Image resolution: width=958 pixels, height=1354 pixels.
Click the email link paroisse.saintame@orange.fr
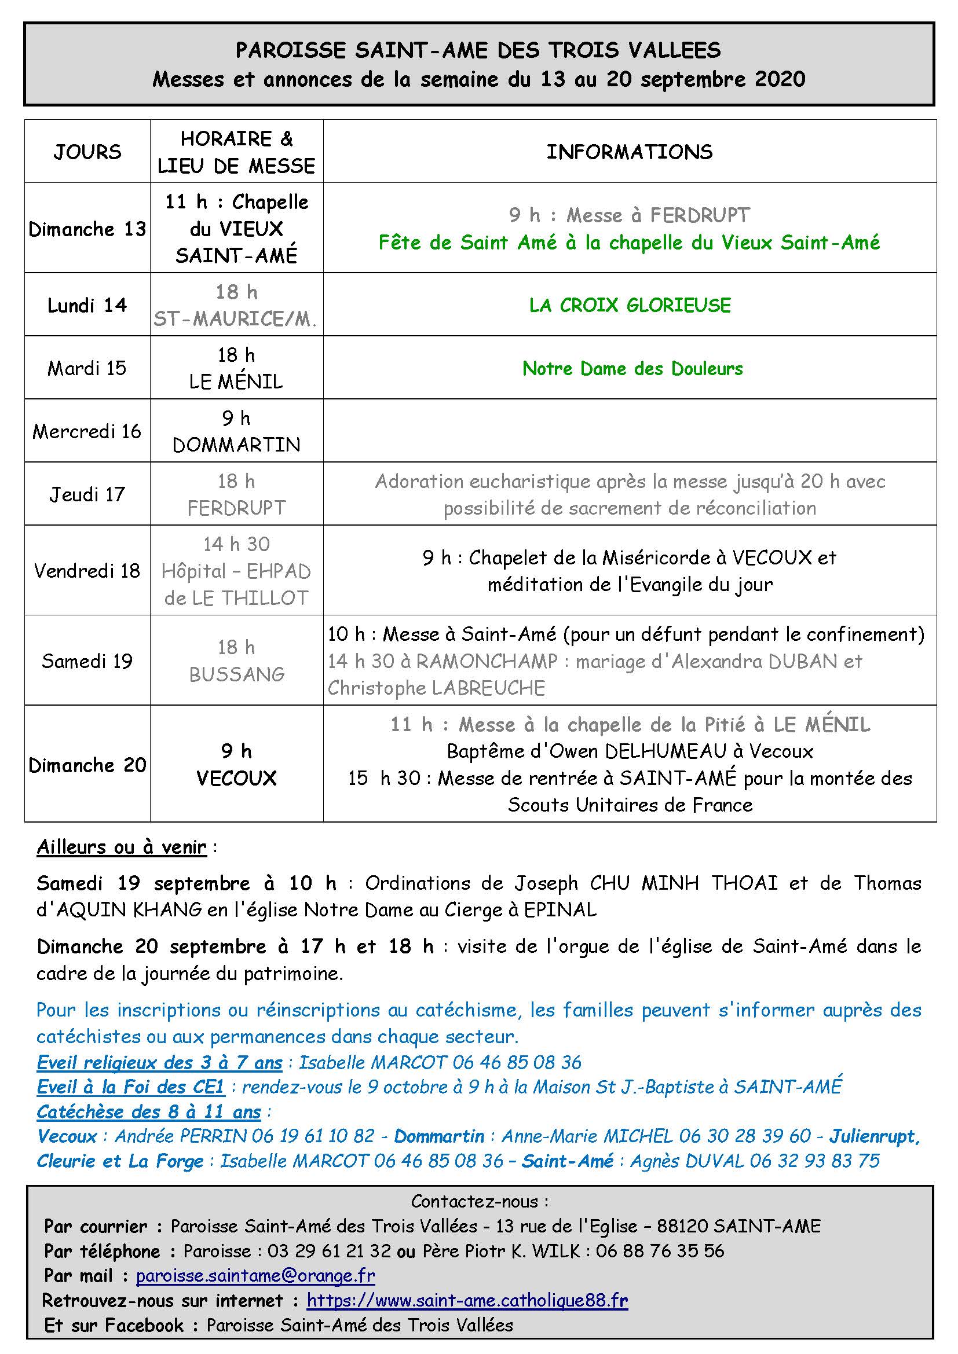pos(255,1276)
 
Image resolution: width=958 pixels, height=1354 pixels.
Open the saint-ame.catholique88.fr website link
pos(467,1300)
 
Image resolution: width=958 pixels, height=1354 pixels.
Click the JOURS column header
pos(87,152)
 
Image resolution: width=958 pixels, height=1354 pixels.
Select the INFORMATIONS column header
pos(630,152)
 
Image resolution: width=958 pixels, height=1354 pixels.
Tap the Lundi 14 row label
pos(87,305)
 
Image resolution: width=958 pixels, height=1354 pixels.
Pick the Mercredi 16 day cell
pos(87,431)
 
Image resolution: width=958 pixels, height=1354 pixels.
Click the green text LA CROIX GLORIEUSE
pos(630,305)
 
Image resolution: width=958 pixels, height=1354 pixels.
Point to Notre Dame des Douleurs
pos(632,369)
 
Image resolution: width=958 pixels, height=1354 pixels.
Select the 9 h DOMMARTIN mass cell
pos(236,431)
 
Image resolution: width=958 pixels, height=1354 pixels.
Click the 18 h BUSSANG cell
pos(236,661)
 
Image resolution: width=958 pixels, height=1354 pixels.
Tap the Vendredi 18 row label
pos(87,570)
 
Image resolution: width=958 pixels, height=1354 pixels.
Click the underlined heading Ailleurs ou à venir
pos(122,847)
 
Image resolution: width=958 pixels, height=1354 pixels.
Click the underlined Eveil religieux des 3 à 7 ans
pos(159,1062)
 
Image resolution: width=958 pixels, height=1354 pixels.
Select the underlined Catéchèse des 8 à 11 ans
pos(149,1111)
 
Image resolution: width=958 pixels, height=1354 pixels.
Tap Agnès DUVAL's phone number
pos(815,1161)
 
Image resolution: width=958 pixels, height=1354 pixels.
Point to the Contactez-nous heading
pos(479,1201)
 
